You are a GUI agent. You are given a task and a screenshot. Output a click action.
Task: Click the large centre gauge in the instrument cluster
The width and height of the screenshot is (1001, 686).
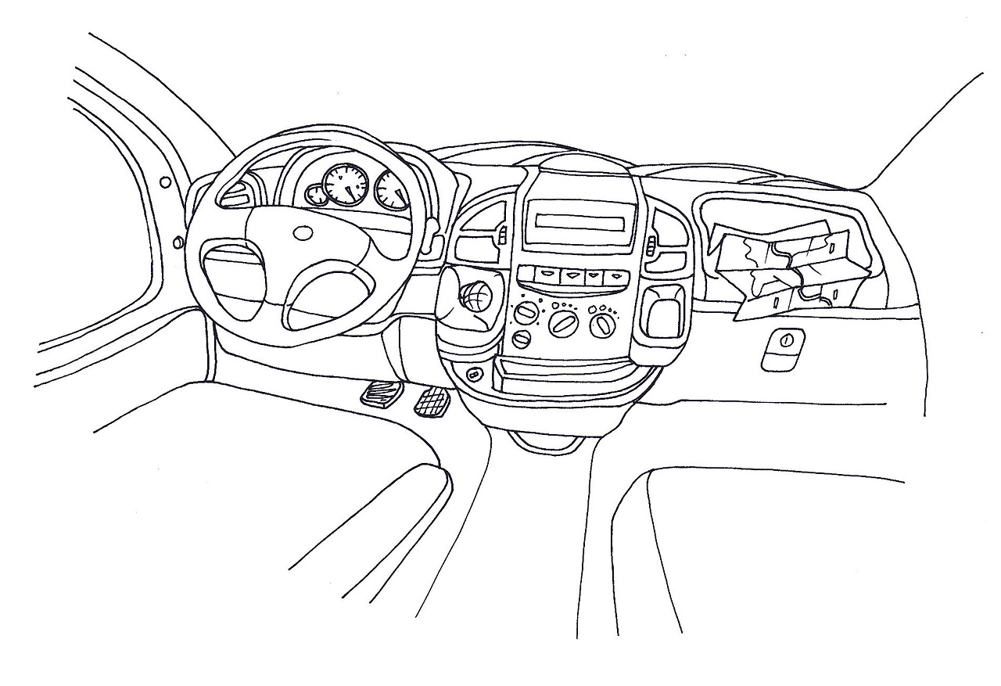345,185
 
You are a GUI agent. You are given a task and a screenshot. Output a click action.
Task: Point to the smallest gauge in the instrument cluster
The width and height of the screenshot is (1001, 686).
317,195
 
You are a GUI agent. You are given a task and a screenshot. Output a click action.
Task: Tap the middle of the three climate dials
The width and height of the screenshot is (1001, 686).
562,321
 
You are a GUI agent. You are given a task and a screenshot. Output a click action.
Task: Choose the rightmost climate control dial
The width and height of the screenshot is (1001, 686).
602,322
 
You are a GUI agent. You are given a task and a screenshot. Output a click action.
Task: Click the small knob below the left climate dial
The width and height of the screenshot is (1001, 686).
521,339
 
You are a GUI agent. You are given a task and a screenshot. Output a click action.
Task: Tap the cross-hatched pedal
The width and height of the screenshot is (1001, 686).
430,403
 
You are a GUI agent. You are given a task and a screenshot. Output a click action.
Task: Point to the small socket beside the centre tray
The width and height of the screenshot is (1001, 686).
473,375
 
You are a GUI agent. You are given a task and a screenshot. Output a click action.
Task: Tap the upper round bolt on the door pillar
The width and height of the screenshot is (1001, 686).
165,182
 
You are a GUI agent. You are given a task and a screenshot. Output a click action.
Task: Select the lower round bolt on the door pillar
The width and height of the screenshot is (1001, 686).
178,242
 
